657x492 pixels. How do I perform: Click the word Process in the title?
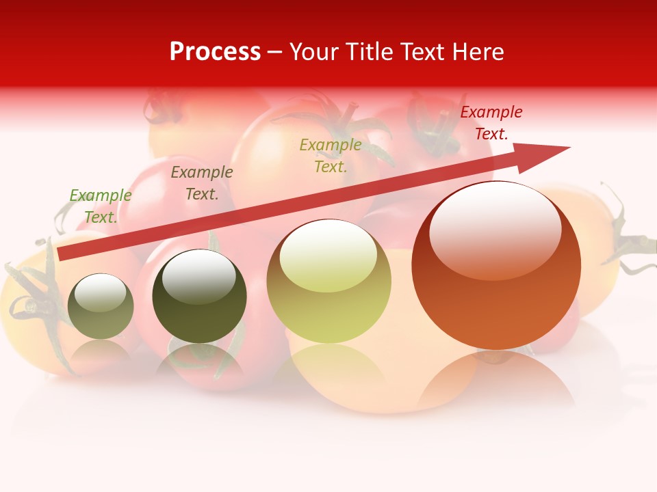pyautogui.click(x=215, y=52)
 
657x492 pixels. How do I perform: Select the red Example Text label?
pyautogui.click(x=491, y=123)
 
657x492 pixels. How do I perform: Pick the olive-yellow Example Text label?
pyautogui.click(x=331, y=156)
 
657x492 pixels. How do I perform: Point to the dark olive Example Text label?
pyautogui.click(x=202, y=183)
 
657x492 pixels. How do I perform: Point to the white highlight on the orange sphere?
pyautogui.click(x=495, y=229)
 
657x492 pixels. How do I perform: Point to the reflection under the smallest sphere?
pyautogui.click(x=101, y=352)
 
